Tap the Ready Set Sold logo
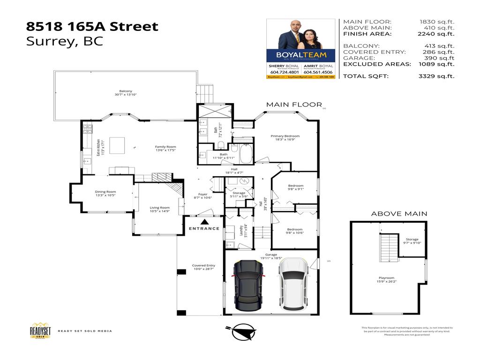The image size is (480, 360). coord(40,330)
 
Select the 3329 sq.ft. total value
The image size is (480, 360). coord(436,76)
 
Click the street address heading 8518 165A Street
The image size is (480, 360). coord(92,26)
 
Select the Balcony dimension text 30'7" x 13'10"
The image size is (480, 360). coord(125,95)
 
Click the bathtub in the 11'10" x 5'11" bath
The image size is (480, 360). coord(245,153)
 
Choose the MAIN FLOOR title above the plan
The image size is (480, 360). coord(294,105)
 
